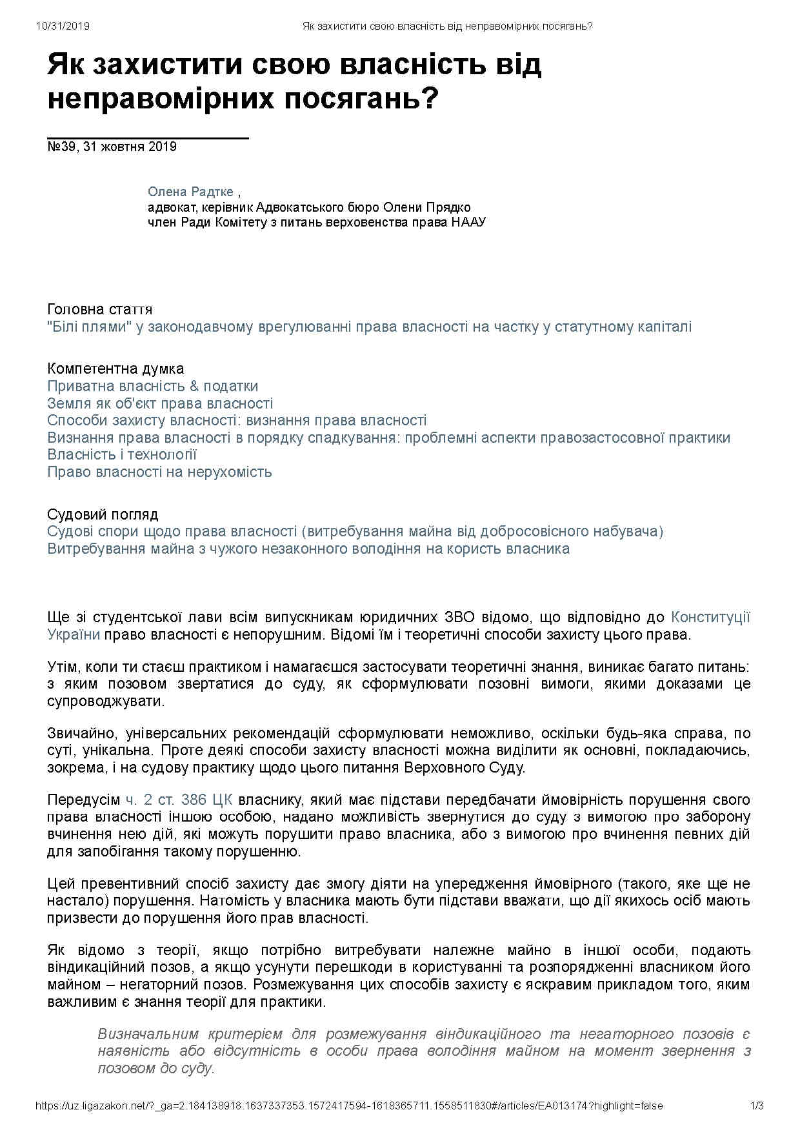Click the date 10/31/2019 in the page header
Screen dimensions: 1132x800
63,26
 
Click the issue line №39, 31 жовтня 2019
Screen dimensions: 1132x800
112,147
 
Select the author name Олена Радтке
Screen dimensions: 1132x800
190,192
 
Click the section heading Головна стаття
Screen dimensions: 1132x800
99,310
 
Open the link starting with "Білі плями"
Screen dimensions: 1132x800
369,327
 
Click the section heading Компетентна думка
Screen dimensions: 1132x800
115,369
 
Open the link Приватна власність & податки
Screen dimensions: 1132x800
152,387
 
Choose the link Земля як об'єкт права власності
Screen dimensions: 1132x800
160,404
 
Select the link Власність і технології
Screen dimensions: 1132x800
122,455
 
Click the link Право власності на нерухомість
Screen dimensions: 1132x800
159,472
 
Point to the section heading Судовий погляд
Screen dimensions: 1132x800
103,515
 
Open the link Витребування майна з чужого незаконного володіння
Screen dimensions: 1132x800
308,549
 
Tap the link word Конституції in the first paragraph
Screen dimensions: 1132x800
710,618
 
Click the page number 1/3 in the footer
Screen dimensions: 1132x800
757,1106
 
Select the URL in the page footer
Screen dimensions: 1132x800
349,1106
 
